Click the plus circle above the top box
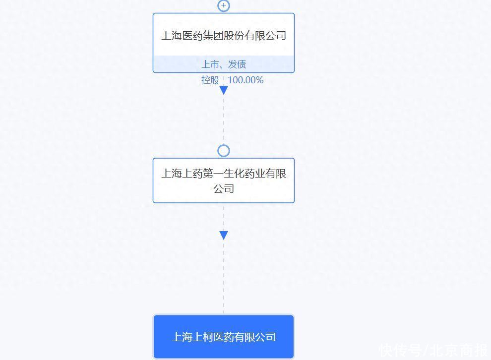(224, 5)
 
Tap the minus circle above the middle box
(224, 151)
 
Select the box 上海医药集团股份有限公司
(224, 43)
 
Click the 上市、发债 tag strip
(224, 64)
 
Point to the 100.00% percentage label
(245, 80)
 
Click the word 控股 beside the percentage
(210, 80)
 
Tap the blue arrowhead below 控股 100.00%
(224, 90)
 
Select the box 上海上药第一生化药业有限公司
(224, 180)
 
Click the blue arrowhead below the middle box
(224, 235)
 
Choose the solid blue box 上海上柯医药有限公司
(224, 337)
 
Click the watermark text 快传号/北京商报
(434, 350)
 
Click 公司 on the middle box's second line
(224, 189)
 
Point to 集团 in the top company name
(213, 35)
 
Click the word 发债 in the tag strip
(237, 64)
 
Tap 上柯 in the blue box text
(203, 337)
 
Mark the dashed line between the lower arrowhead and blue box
(224, 277)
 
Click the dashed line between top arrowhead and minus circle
(224, 120)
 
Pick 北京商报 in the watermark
(459, 350)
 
